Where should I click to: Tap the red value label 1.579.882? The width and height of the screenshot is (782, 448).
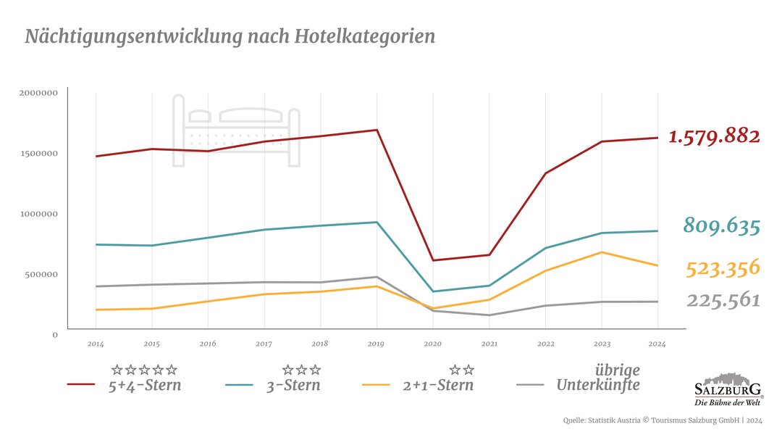(714, 136)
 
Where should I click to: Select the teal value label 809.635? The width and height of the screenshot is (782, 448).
(722, 226)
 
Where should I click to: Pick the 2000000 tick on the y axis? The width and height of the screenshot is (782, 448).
(38, 93)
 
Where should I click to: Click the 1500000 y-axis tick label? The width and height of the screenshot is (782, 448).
(38, 154)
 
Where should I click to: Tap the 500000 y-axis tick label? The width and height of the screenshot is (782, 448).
(41, 275)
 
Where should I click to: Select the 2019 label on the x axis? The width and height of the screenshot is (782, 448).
(376, 343)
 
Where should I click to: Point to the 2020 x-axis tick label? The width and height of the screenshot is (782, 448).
(432, 343)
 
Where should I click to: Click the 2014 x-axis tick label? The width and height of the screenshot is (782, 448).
(96, 343)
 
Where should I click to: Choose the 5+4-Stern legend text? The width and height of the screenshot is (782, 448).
(145, 385)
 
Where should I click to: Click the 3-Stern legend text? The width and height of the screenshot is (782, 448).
(293, 385)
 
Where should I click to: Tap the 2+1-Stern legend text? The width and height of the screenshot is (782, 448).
(438, 385)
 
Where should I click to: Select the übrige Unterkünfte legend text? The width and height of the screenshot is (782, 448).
(598, 378)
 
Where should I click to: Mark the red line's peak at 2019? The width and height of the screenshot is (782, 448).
(377, 130)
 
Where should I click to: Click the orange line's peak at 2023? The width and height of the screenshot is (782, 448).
(602, 252)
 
